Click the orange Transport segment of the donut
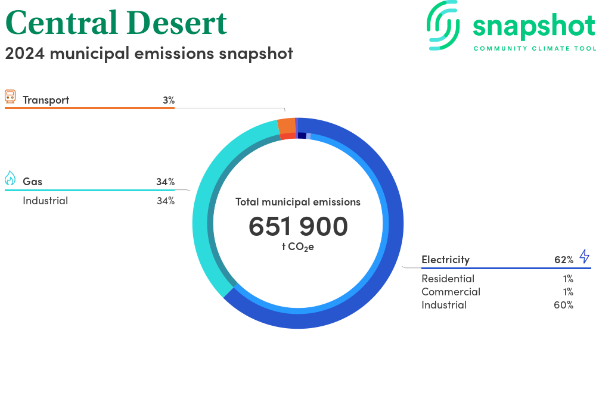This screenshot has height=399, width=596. pyautogui.click(x=286, y=126)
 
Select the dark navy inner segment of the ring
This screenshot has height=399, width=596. pyautogui.click(x=302, y=136)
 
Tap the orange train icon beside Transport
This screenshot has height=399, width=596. pyautogui.click(x=10, y=97)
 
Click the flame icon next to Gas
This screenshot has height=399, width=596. pyautogui.click(x=10, y=178)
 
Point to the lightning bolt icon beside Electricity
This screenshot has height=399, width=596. pyautogui.click(x=585, y=256)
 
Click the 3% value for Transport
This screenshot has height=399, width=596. pyautogui.click(x=169, y=100)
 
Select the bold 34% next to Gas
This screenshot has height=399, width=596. pyautogui.click(x=165, y=182)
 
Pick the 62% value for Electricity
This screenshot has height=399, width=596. pyautogui.click(x=564, y=260)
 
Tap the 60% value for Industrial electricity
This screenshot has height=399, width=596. pyautogui.click(x=563, y=305)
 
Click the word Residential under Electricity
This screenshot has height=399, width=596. pyautogui.click(x=448, y=279)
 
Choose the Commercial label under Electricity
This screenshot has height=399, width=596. pyautogui.click(x=451, y=292)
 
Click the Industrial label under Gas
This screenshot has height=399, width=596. pyautogui.click(x=45, y=201)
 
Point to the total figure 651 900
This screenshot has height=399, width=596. pyautogui.click(x=298, y=226)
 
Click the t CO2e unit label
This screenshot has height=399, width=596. pyautogui.click(x=298, y=247)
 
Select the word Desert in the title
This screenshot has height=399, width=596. pyautogui.click(x=177, y=23)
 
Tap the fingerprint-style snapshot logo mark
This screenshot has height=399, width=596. pyautogui.click(x=443, y=25)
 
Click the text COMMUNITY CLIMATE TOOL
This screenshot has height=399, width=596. pyautogui.click(x=535, y=49)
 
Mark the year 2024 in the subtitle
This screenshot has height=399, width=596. pyautogui.click(x=24, y=54)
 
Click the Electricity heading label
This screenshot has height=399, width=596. pyautogui.click(x=445, y=260)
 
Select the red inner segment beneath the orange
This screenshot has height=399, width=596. pyautogui.click(x=288, y=136)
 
